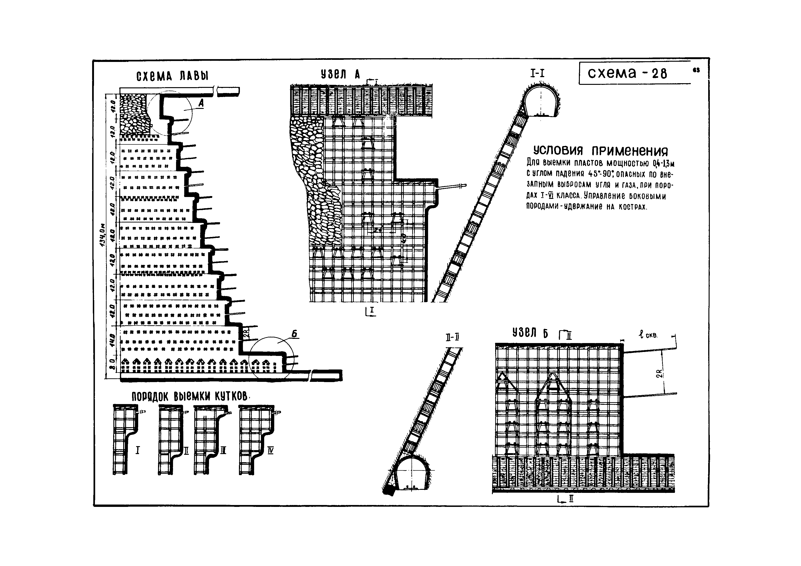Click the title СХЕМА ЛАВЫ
click(172, 76)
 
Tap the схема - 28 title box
click(634, 73)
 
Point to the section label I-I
click(537, 73)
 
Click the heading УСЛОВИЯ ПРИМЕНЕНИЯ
click(600, 151)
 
